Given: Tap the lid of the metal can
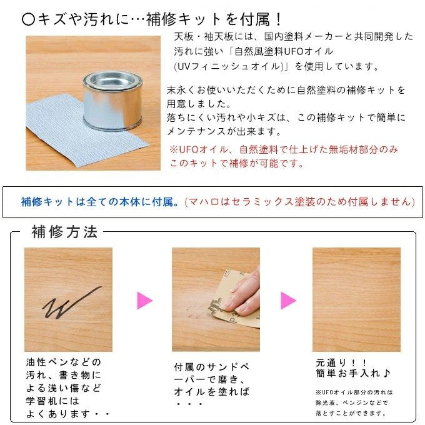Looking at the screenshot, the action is [112, 81].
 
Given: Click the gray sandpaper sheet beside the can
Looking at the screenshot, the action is [81, 127].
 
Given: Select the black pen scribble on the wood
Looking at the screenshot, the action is [72, 302].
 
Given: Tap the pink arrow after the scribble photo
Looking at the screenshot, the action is [145, 301].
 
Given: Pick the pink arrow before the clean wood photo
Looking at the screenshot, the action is [288, 301].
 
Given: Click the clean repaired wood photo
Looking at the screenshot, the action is [356, 299].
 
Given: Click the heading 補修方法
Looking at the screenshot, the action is [64, 232].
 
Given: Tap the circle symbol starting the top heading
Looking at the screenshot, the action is [29, 19].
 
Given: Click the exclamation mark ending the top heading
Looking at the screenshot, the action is [278, 19].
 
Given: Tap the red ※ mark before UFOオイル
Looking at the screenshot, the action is [174, 149].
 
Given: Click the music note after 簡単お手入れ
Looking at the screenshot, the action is [386, 374].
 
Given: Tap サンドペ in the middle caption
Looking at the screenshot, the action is [228, 367].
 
